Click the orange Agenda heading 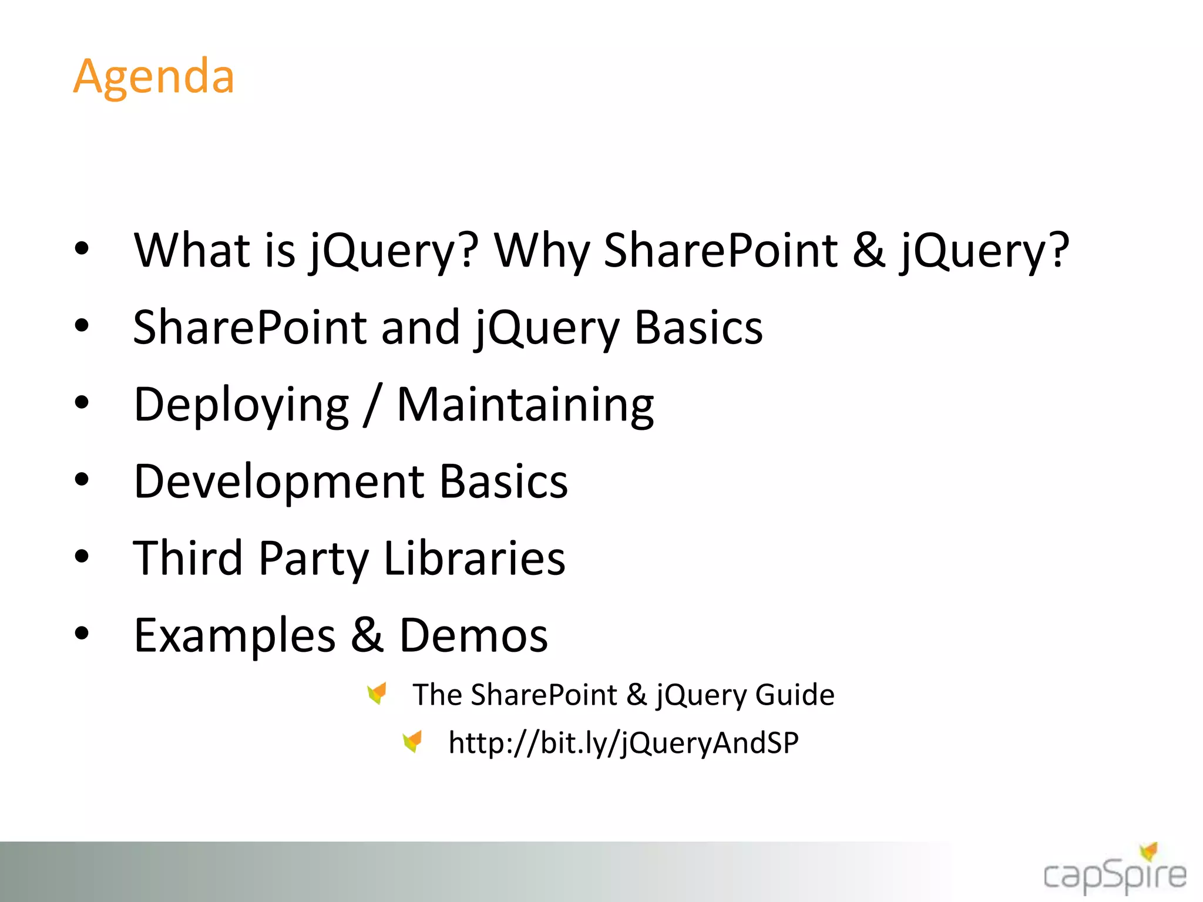point(154,76)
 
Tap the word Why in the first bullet point(541,251)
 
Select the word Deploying point(241,405)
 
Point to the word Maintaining point(525,405)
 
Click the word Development point(279,481)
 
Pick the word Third point(188,558)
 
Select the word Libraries point(474,558)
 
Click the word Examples point(234,635)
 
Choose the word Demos point(473,635)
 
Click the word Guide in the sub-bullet point(795,695)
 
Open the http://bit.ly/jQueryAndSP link point(623,743)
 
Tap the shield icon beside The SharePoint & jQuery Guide point(377,693)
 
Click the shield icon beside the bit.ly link point(413,741)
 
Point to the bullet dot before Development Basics point(82,480)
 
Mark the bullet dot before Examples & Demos point(82,634)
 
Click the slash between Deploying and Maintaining point(372,405)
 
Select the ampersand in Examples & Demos point(368,635)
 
